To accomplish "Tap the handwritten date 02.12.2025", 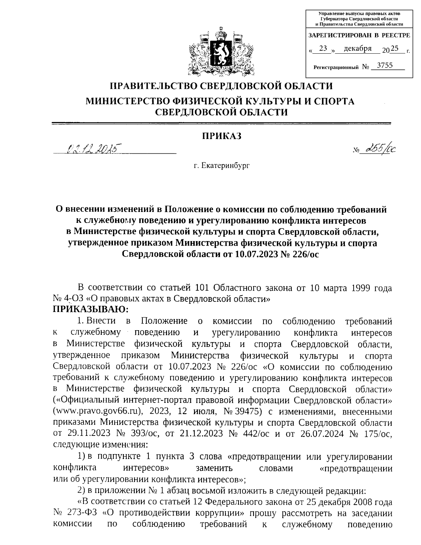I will click(x=92, y=149).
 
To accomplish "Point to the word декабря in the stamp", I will click(x=357, y=49).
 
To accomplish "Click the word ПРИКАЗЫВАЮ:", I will click(x=91, y=309).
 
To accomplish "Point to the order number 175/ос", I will click(x=377, y=433).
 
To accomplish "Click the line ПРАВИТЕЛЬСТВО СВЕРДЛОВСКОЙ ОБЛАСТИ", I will click(x=221, y=86).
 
